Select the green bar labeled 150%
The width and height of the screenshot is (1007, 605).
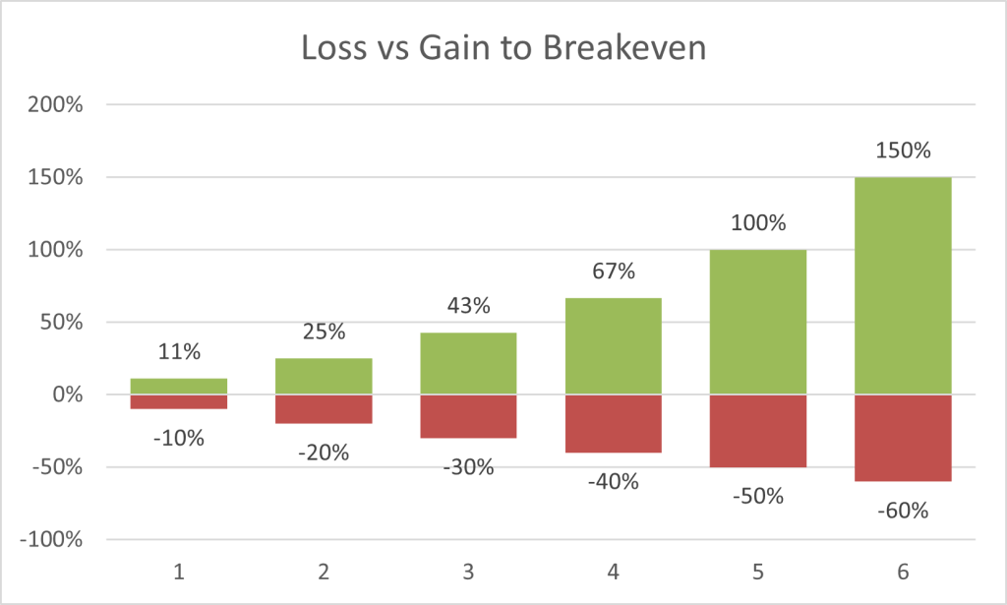point(903,285)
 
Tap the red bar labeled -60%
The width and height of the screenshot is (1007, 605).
point(903,438)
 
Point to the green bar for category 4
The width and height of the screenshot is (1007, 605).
point(613,345)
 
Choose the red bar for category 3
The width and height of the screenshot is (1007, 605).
point(468,416)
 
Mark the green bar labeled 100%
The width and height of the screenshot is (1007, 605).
point(758,322)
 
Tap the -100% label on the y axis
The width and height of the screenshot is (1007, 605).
point(54,540)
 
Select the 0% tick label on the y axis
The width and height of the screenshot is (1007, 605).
point(68,394)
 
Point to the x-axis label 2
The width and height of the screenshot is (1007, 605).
point(324,571)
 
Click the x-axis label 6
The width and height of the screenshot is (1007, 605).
point(903,571)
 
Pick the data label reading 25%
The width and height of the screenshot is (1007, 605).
point(324,333)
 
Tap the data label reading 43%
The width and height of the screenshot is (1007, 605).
point(468,306)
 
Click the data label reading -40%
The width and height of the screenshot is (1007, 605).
point(613,482)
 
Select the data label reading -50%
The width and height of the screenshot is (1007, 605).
point(758,497)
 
